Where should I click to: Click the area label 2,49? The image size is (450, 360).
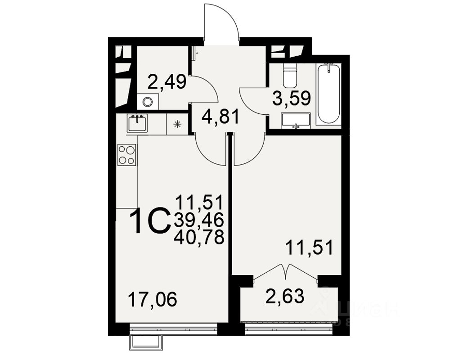pos(167,82)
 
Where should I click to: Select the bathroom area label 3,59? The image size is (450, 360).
pos(292,99)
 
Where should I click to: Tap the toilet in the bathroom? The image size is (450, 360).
pos(290,76)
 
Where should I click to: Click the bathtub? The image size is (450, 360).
pos(328,94)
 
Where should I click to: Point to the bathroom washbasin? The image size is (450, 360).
pos(296,121)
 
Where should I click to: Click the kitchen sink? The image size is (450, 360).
pos(137,123)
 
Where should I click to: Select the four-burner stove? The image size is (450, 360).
pos(126,154)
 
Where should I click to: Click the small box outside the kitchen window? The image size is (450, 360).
pos(145,342)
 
